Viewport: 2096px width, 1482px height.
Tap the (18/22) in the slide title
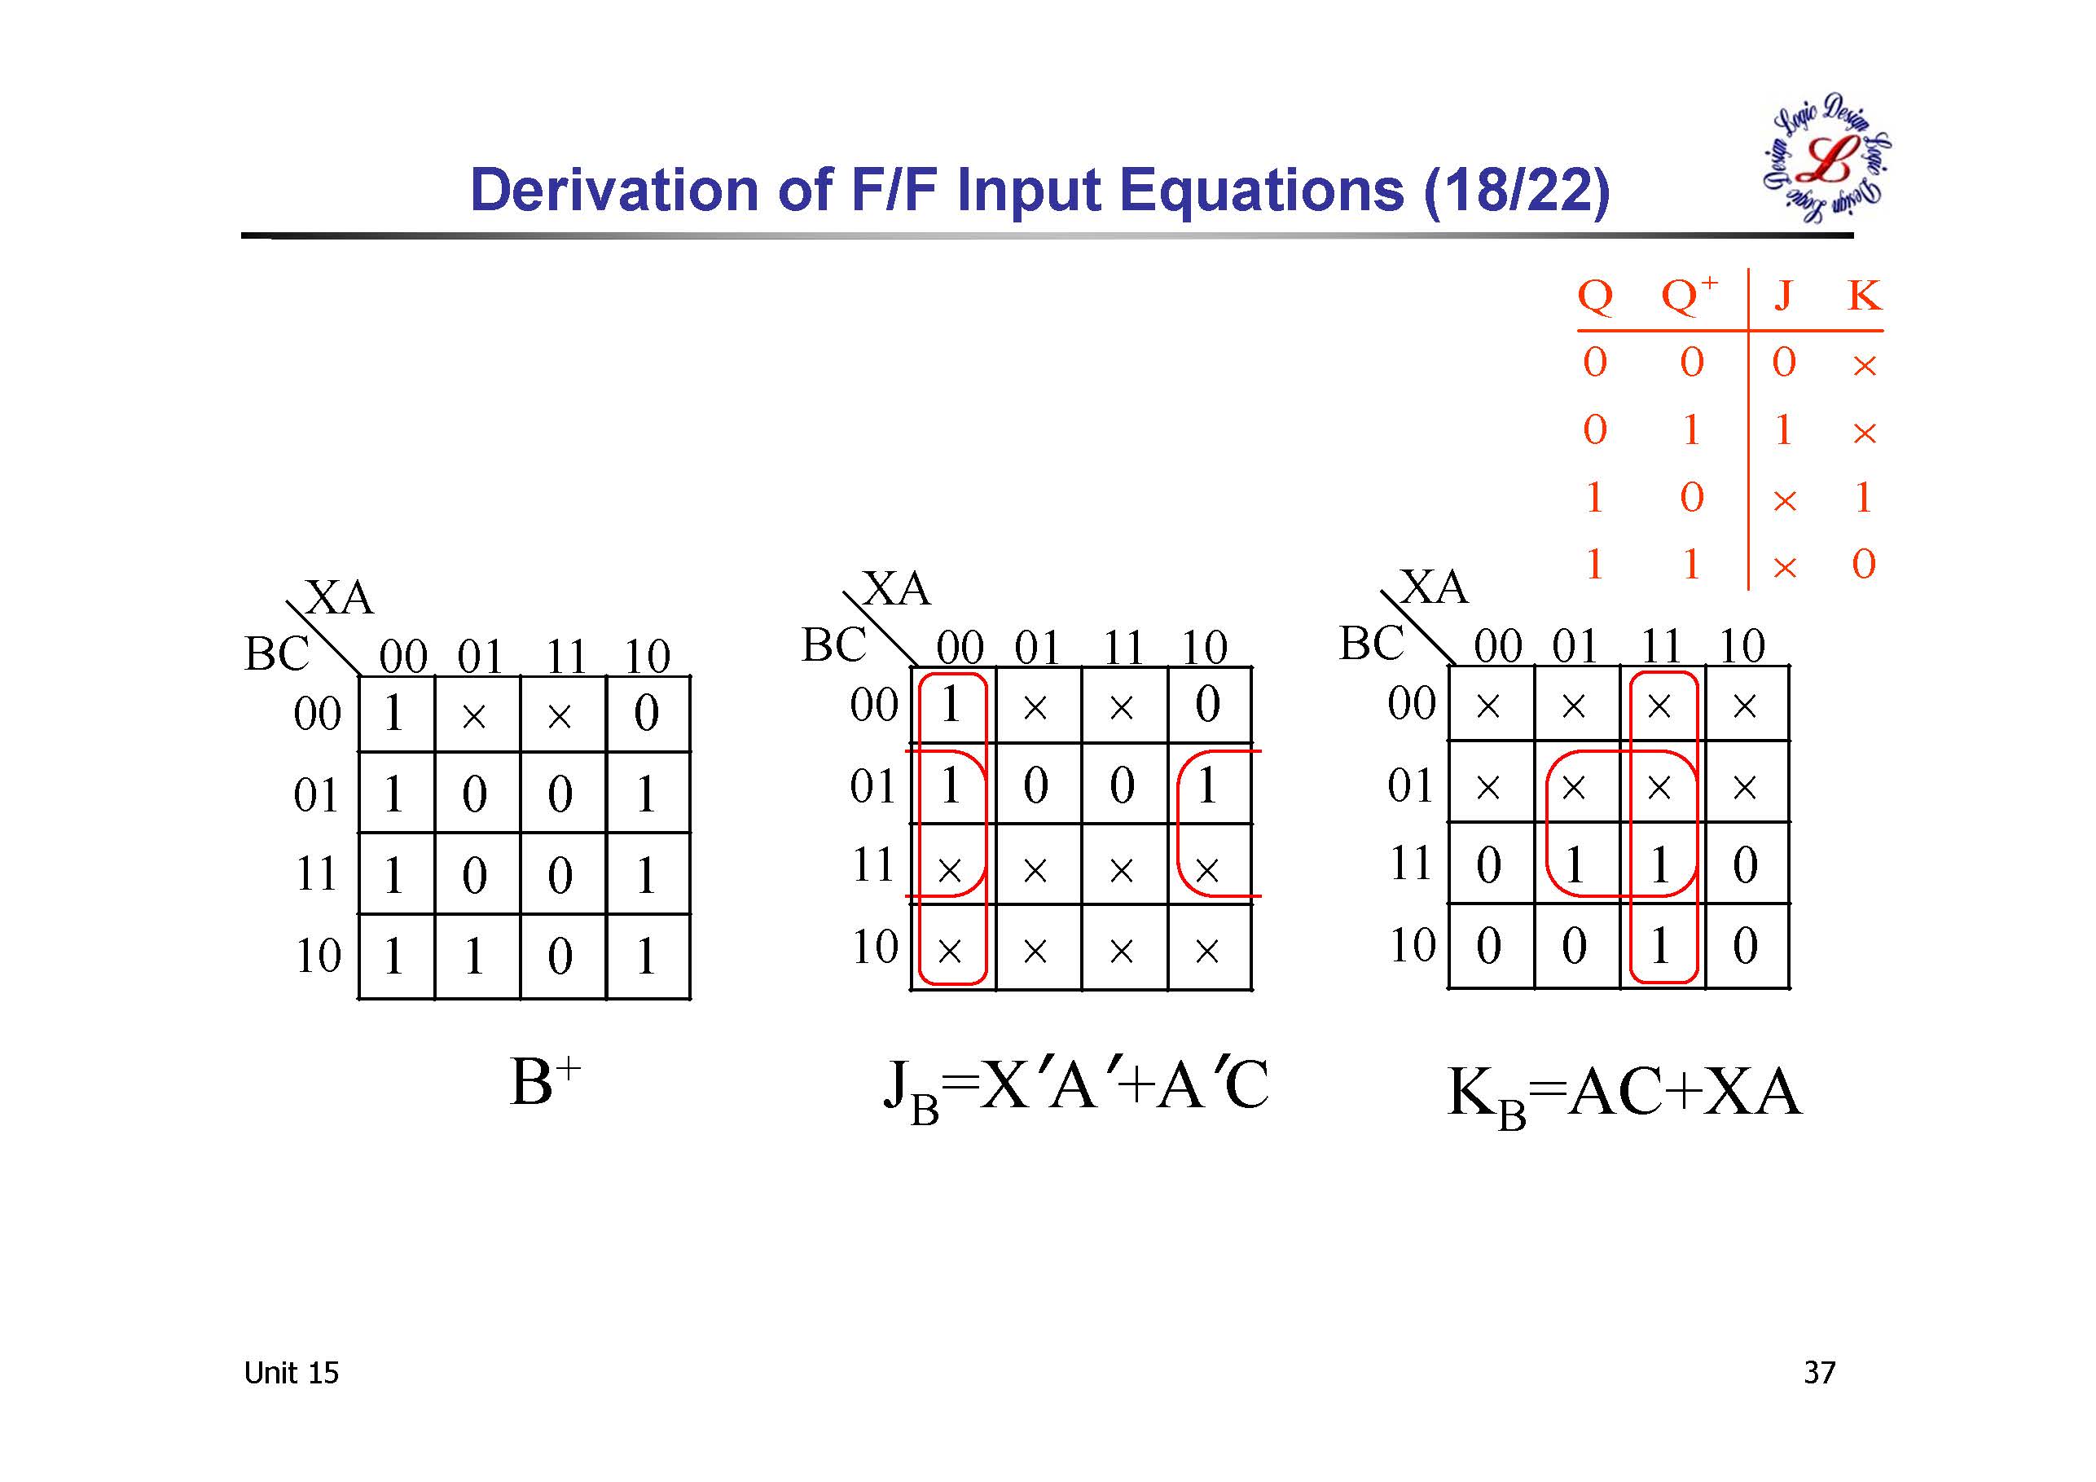point(1516,191)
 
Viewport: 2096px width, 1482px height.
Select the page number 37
point(1819,1373)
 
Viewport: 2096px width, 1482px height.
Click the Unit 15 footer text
point(291,1373)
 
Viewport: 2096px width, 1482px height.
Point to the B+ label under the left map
point(545,1082)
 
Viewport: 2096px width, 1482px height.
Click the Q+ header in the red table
point(1689,294)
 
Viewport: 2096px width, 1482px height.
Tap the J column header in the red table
point(1783,296)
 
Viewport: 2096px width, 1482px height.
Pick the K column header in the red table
point(1864,296)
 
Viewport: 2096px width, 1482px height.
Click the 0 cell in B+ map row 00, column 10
point(646,713)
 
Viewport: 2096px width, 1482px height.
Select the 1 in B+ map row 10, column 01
point(474,956)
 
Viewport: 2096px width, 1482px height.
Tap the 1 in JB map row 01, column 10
point(1206,785)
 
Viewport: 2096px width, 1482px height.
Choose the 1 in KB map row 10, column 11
point(1659,945)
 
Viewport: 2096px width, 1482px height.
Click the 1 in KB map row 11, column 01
point(1574,864)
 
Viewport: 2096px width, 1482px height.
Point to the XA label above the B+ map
point(340,598)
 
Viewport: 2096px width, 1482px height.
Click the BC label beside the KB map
point(1371,643)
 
